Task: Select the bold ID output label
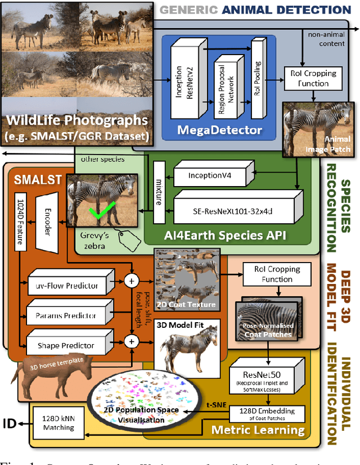11,423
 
